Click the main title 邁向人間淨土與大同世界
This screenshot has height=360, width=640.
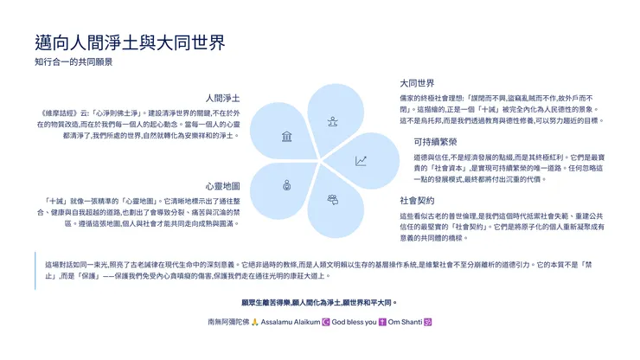(130, 42)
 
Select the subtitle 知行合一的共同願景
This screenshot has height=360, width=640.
(74, 63)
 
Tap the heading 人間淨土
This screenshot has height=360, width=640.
(222, 98)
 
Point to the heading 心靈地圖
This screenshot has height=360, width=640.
(222, 185)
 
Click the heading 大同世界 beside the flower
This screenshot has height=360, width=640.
(417, 84)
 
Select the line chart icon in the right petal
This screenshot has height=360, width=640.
(361, 161)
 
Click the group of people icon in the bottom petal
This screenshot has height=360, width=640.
(332, 199)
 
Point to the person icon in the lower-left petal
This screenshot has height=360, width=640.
(286, 184)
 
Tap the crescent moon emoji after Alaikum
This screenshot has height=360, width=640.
(324, 322)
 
